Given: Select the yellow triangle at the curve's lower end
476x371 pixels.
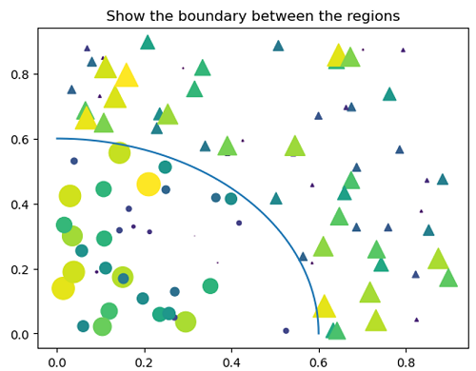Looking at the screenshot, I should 325,306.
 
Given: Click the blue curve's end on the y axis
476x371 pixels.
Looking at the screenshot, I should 57,139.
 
